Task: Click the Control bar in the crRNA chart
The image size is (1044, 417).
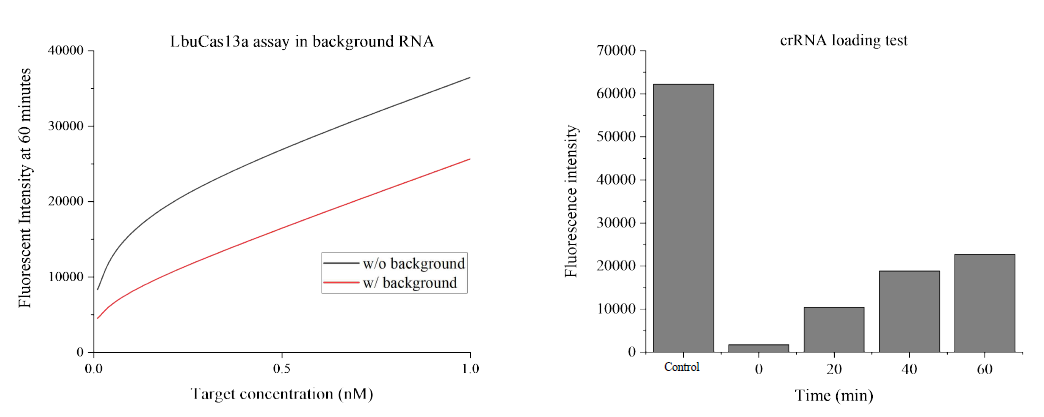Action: pos(683,218)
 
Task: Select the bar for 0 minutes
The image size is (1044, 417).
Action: pos(759,347)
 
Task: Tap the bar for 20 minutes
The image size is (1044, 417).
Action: pos(834,329)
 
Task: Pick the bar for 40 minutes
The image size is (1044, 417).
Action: pos(909,311)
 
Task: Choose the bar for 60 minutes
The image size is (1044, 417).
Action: pos(984,303)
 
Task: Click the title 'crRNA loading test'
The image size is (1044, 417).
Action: pos(836,40)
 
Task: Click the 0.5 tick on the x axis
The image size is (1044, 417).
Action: pos(282,368)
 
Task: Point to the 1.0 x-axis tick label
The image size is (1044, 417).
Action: pos(470,368)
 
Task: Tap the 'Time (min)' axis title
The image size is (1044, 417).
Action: pos(834,396)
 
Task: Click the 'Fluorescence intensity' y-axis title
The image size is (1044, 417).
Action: pos(573,201)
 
